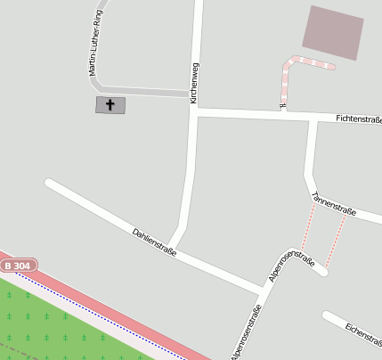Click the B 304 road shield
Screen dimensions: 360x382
pyautogui.click(x=17, y=266)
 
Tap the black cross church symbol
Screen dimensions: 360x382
pyautogui.click(x=110, y=105)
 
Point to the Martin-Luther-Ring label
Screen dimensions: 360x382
pyautogui.click(x=92, y=45)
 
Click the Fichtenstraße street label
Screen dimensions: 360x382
pyautogui.click(x=358, y=119)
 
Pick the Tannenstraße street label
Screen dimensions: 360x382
pyautogui.click(x=334, y=205)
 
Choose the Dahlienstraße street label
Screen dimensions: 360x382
pyautogui.click(x=154, y=241)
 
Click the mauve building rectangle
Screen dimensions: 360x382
pyautogui.click(x=333, y=32)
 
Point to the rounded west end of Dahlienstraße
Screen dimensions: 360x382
pyautogui.click(x=50, y=184)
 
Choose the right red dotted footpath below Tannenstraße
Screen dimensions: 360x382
pyautogui.click(x=336, y=241)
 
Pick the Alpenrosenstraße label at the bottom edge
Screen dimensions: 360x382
pyautogui.click(x=246, y=332)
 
